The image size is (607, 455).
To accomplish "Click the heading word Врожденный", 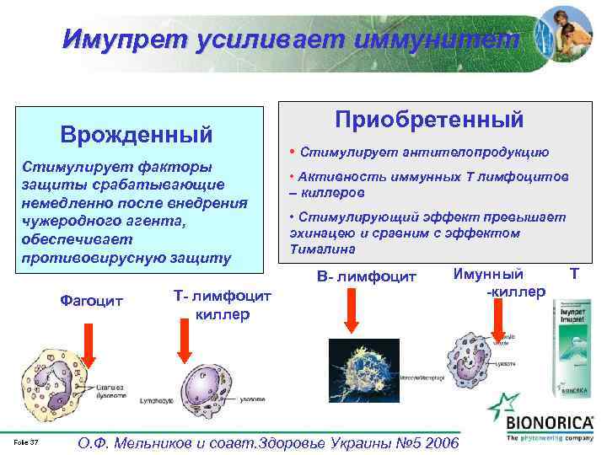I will (135, 135).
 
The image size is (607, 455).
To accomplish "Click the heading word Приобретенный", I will (430, 120).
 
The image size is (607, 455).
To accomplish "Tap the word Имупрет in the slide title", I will (126, 39).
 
